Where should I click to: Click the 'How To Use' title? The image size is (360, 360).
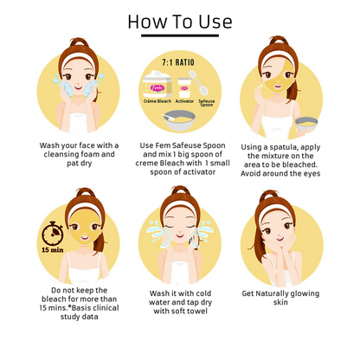180,22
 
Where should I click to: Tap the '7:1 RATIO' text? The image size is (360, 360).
178,62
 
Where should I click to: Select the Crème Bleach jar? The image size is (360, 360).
157,84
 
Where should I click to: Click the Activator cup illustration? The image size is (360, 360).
183,87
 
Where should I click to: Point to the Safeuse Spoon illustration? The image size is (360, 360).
199,83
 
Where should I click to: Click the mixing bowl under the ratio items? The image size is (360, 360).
178,121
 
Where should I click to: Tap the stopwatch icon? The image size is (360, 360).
52,233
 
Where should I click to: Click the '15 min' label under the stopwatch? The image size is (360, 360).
53,250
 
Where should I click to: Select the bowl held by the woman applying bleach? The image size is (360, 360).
306,124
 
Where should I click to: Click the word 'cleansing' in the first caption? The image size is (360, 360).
61,154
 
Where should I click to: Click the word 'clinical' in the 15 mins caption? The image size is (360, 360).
106,308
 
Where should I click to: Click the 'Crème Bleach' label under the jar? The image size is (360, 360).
157,101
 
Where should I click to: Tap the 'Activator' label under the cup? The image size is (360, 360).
184,101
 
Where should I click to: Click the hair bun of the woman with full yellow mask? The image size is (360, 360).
84,192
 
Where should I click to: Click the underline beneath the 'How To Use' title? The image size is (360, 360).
180,35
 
